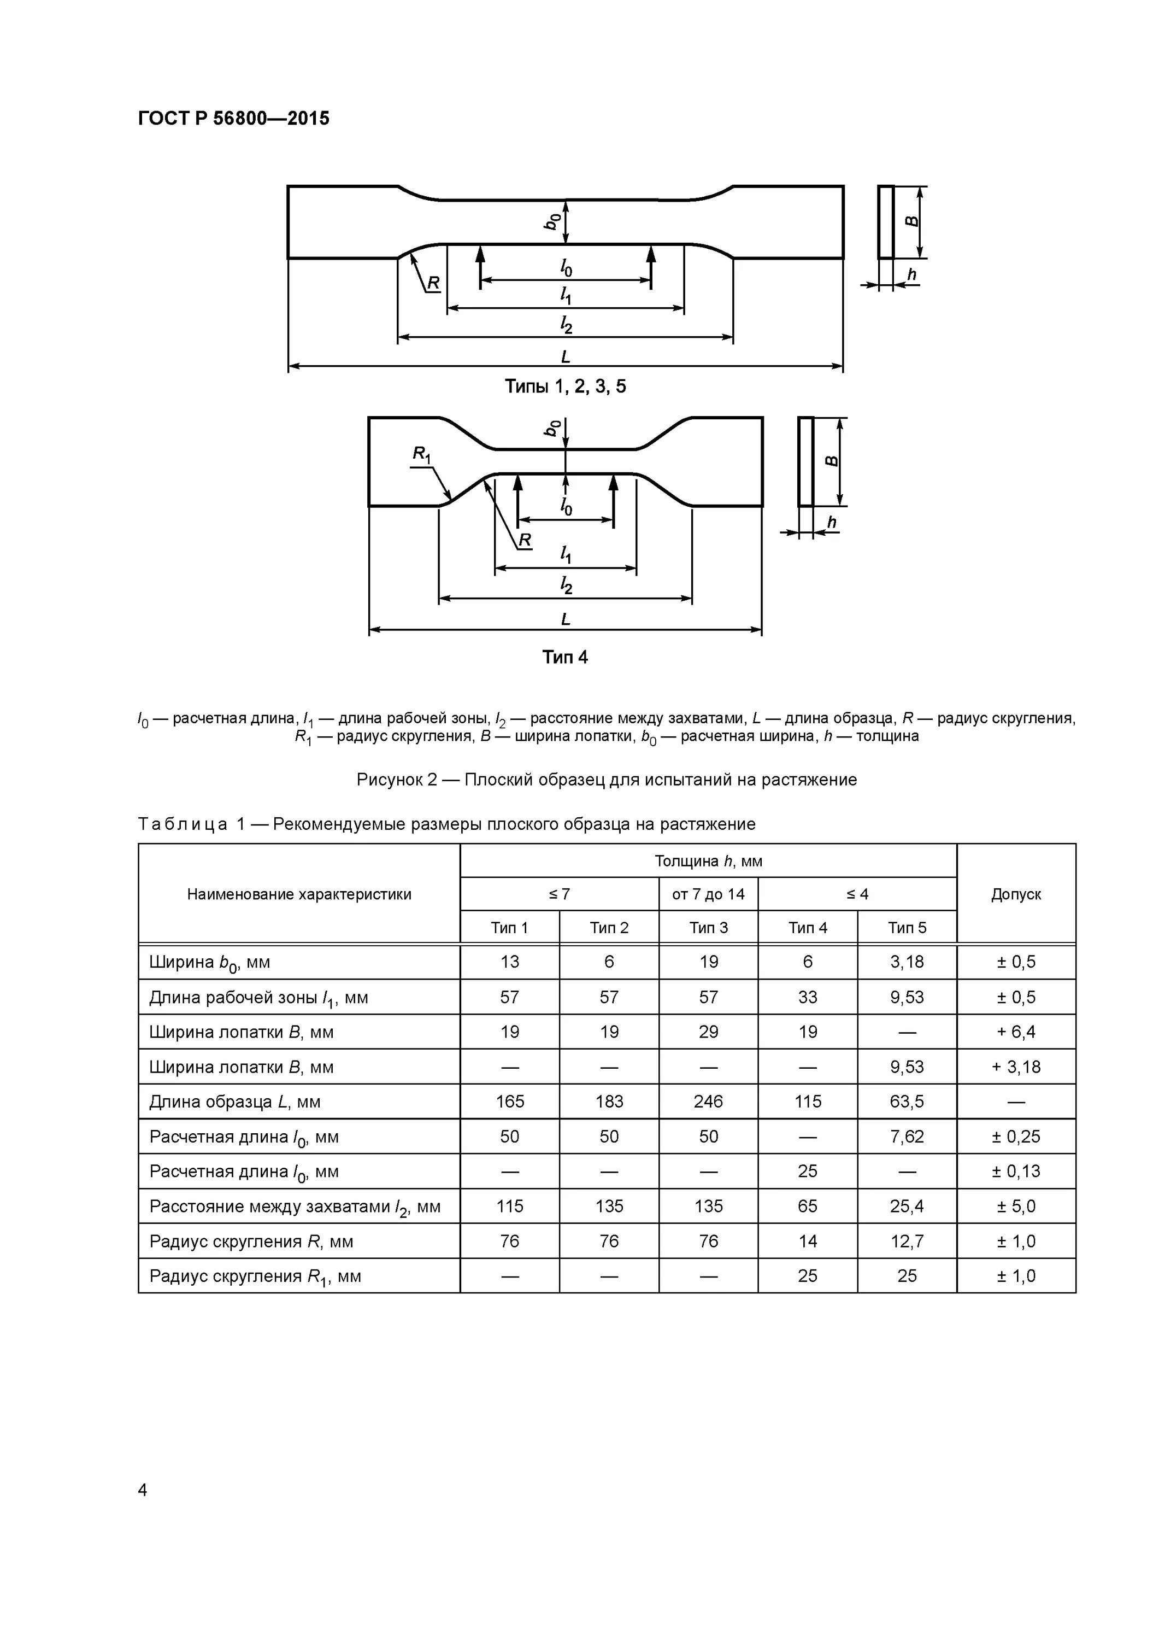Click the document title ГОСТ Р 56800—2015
[233, 119]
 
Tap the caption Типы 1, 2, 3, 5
[565, 386]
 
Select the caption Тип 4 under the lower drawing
[565, 657]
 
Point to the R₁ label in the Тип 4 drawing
[421, 454]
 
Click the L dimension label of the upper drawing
[566, 356]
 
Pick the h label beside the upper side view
[911, 275]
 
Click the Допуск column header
[1015, 894]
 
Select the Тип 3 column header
[708, 928]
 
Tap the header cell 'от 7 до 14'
[708, 894]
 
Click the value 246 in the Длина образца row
[708, 1102]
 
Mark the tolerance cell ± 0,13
[1015, 1172]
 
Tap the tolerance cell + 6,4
[1015, 1032]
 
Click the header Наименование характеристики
[299, 894]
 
